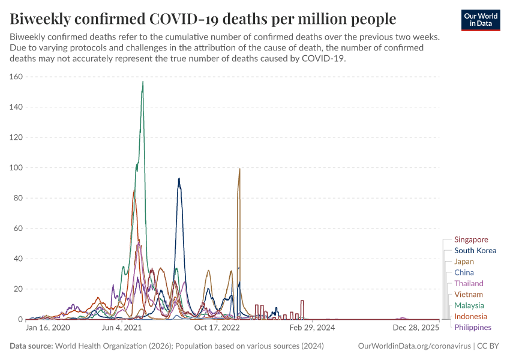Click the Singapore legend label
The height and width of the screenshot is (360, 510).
tap(471, 239)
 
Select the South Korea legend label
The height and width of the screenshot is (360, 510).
tap(475, 251)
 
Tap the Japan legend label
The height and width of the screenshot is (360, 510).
tap(464, 262)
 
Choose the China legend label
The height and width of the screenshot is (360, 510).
tap(464, 272)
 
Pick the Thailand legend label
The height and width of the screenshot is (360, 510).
tap(469, 283)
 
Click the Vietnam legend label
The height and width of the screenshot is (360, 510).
tap(468, 294)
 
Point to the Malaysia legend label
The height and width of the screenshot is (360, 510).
tap(470, 305)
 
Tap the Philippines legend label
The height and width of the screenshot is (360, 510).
tap(473, 327)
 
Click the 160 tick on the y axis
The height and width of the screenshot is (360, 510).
tap(16, 77)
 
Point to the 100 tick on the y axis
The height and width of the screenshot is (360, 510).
tap(16, 168)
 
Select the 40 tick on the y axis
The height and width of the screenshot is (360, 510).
tap(17, 259)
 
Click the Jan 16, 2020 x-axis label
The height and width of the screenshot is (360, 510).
tap(48, 328)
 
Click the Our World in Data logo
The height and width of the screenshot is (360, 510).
tap(481, 20)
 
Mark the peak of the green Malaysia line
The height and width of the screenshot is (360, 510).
tap(143, 82)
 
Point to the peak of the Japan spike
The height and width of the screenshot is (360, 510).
tap(239, 169)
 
